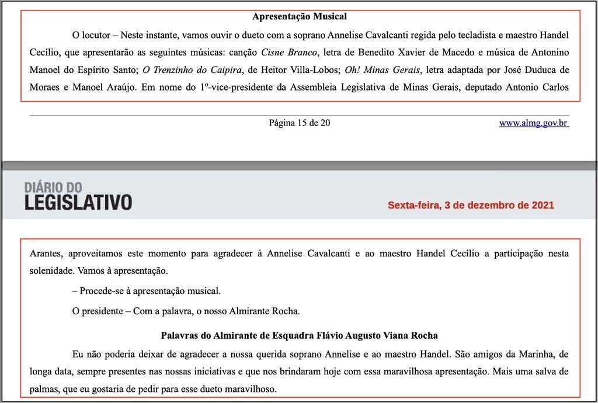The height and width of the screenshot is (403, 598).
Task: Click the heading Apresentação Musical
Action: point(299,17)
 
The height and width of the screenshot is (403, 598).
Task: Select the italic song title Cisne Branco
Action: point(289,53)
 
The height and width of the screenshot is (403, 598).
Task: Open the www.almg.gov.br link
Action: point(534,123)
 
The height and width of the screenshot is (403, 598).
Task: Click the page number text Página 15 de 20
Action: point(300,123)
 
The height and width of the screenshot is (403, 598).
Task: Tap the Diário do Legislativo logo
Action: point(78,195)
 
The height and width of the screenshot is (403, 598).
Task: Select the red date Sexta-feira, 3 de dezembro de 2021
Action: point(471,206)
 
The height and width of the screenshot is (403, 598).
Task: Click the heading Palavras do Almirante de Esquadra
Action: point(299,336)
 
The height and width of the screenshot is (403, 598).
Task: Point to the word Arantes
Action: point(46,254)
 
